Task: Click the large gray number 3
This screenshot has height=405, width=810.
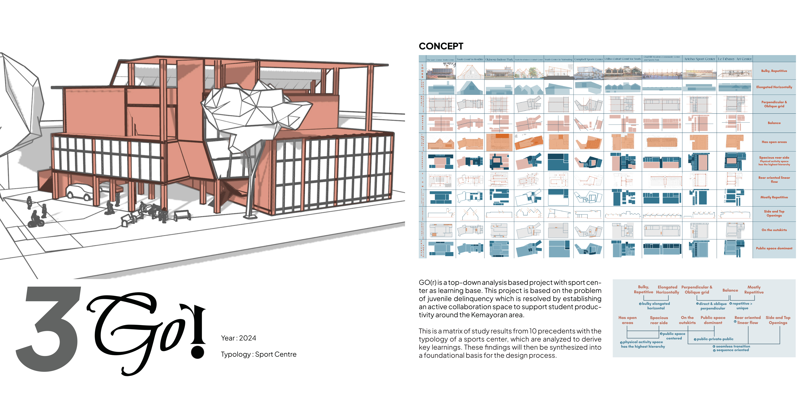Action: [x=50, y=329]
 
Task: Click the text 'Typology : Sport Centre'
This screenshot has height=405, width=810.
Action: [x=259, y=354]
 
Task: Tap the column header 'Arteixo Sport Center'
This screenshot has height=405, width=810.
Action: [x=699, y=59]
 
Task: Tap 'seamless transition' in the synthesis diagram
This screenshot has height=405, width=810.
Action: [x=733, y=346]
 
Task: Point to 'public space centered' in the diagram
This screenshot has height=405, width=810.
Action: [x=674, y=336]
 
